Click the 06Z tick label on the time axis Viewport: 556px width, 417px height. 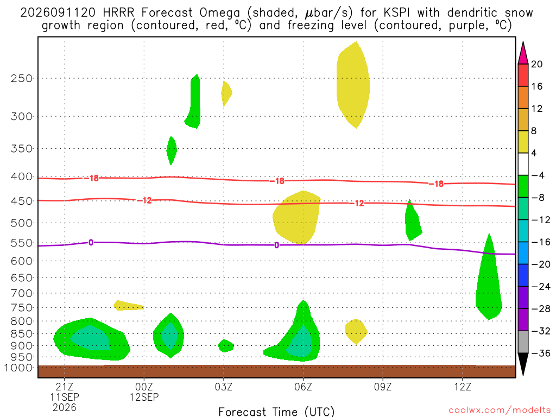(303, 387)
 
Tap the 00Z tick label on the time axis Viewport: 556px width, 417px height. (144, 387)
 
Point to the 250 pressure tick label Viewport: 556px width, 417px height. (22, 78)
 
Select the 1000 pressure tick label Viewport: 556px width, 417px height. (18, 368)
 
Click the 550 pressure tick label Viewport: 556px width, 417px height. (22, 243)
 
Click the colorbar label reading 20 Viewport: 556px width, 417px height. (537, 64)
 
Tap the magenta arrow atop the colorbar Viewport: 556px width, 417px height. (523, 53)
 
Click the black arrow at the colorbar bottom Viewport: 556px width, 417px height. (523, 364)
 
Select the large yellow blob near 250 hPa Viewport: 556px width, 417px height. (353, 85)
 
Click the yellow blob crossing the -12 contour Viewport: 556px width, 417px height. (296, 217)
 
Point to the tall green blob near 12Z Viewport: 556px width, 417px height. (489, 276)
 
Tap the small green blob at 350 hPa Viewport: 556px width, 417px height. (171, 150)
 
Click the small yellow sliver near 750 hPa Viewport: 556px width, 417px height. (128, 305)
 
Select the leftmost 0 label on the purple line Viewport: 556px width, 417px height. (91, 243)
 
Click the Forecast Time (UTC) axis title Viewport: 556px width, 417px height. (276, 412)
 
